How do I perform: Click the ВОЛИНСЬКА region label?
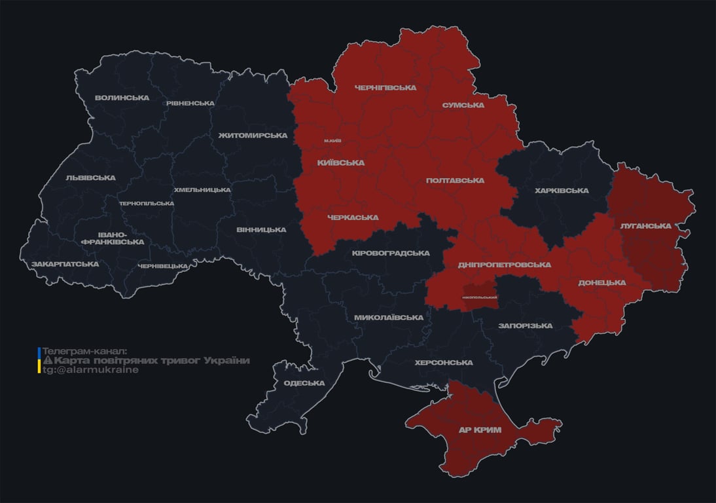tap(122, 98)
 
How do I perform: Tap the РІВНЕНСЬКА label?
tap(190, 103)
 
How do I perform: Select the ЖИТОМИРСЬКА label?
tap(253, 136)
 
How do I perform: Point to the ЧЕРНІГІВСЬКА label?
tap(385, 88)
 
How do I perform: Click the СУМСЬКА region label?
tap(463, 105)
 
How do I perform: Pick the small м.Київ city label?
tap(332, 141)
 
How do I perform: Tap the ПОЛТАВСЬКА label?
tap(455, 181)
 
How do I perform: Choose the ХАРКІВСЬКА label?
tap(562, 191)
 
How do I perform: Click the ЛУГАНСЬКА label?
tap(646, 226)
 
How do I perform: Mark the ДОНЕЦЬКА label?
tap(601, 283)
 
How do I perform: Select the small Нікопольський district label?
tap(479, 297)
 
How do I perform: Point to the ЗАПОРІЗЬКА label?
tap(525, 326)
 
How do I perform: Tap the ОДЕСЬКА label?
tap(304, 384)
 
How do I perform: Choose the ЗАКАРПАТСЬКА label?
tap(65, 265)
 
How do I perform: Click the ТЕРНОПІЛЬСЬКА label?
tap(146, 204)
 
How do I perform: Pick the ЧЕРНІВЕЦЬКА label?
tap(163, 266)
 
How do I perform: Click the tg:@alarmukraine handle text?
tap(90, 370)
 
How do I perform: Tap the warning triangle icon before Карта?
tap(47, 361)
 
